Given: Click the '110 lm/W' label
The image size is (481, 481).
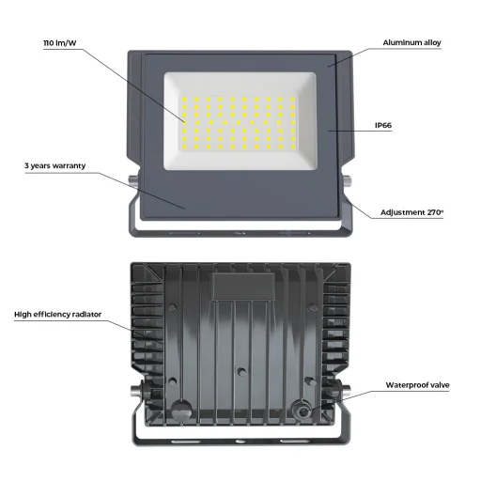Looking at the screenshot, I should coord(61,43).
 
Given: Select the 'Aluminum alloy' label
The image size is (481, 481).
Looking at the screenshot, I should coord(411,43).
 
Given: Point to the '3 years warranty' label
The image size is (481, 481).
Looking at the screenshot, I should coord(55,165).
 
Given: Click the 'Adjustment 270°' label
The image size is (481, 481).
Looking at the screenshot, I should coord(411,212).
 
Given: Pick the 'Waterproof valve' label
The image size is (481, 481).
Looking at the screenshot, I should coord(417,385).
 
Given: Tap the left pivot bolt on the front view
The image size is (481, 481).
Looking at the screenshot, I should coord(131,178).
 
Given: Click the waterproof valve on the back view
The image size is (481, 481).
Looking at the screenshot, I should coord(303,410).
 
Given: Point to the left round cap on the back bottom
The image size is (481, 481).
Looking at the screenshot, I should coord(178,410).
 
